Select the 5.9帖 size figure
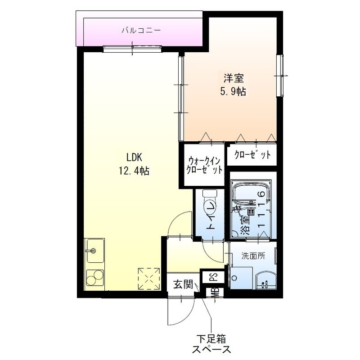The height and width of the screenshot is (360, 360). (232, 91)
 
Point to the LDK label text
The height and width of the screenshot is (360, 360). (134, 157)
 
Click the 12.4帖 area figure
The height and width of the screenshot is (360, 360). (134, 171)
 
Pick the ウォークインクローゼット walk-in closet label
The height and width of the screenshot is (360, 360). (205, 165)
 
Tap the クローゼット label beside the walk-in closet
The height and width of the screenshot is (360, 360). (252, 155)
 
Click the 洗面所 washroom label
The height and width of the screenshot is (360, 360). (253, 256)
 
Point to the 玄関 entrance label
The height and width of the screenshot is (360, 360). (183, 284)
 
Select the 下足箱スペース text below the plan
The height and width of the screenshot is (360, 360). (212, 343)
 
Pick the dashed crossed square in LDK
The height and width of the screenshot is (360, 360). (149, 278)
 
